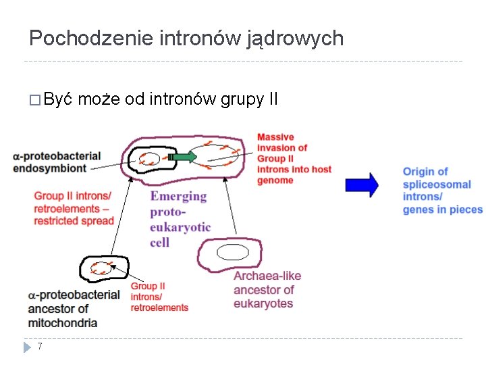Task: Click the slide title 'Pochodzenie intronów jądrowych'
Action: (x=186, y=39)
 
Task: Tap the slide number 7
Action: (x=40, y=347)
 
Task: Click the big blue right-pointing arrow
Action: (x=362, y=185)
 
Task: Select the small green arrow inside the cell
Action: (x=184, y=157)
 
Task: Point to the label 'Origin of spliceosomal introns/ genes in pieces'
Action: (x=441, y=190)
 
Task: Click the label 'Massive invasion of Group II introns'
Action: (x=294, y=159)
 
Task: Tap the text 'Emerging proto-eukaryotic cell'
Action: (x=180, y=218)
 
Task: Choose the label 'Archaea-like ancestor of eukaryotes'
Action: (x=267, y=289)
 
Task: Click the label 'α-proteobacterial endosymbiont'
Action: (x=57, y=162)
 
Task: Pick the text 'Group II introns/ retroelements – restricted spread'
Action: (x=74, y=208)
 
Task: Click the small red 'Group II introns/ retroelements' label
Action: (x=159, y=297)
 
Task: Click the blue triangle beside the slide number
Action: (x=28, y=347)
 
